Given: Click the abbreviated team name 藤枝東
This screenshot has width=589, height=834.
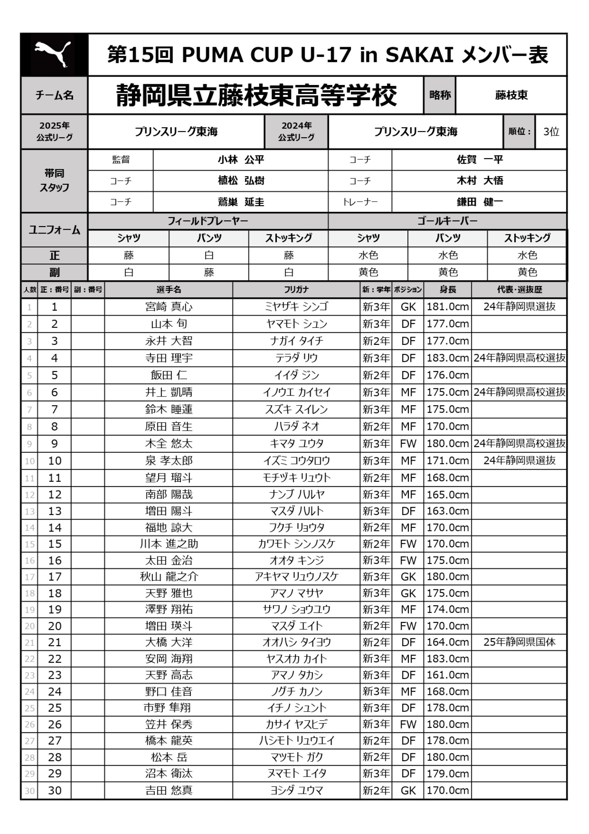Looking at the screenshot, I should (511, 95).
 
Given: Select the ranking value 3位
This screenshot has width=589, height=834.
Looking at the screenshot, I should (551, 131).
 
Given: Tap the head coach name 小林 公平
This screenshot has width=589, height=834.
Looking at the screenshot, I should (241, 160).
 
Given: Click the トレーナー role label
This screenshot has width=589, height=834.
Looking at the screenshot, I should (360, 202).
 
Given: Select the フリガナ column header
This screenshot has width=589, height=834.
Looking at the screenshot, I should (296, 289).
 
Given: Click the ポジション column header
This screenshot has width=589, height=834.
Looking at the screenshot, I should (408, 289).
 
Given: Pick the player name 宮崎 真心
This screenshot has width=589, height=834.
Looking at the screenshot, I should (169, 307).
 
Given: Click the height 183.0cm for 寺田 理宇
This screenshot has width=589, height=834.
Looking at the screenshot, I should (447, 358).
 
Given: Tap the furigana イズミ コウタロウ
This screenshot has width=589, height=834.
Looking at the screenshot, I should (296, 461).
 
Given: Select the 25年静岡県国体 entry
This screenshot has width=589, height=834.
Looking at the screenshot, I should (519, 642).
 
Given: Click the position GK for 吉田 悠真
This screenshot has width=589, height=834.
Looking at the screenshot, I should (408, 790).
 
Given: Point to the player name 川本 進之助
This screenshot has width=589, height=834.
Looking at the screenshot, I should (169, 544).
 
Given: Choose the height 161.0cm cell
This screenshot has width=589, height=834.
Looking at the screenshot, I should (447, 675).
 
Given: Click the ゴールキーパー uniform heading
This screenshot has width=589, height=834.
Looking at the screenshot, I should (447, 221).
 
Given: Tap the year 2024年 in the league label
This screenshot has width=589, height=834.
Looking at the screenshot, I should (296, 126).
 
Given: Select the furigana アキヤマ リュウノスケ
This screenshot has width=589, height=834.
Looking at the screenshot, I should (296, 576).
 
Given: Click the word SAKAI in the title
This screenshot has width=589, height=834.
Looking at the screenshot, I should (420, 55).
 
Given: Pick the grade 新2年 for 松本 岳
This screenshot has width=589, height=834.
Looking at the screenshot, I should (376, 757).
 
